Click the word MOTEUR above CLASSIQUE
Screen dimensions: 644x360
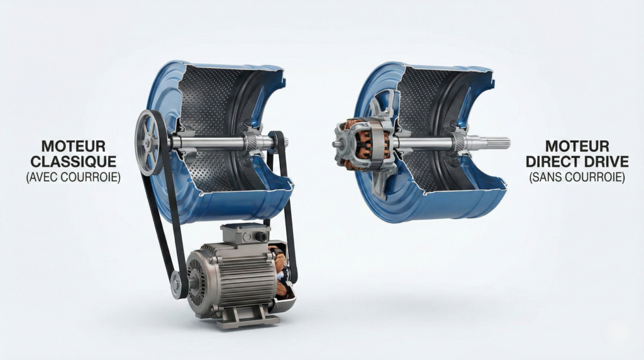coord(74,146)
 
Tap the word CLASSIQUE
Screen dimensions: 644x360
coord(74,162)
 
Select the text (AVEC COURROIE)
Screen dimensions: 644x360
coord(74,177)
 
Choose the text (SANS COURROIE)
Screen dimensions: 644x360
coord(577,177)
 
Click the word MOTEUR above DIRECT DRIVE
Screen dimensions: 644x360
coord(577,146)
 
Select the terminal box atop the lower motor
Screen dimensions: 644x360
coord(246,233)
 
